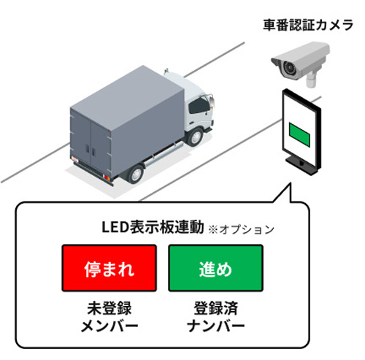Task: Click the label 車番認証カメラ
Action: point(308,26)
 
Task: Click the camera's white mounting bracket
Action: point(311,79)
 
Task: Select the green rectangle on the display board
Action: point(299,134)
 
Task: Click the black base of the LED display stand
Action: point(301,165)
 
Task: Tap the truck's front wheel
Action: point(195,137)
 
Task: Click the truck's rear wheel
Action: point(136,174)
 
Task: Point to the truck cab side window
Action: point(199,106)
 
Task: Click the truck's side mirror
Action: point(212,101)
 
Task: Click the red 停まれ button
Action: point(109,268)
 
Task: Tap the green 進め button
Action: point(215,268)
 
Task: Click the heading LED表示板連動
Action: point(153,227)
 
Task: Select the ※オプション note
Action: point(241,229)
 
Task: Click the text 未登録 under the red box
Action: point(109,308)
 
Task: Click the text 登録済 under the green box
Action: point(215,308)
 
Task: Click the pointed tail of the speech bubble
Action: point(290,184)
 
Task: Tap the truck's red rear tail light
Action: point(107,177)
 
